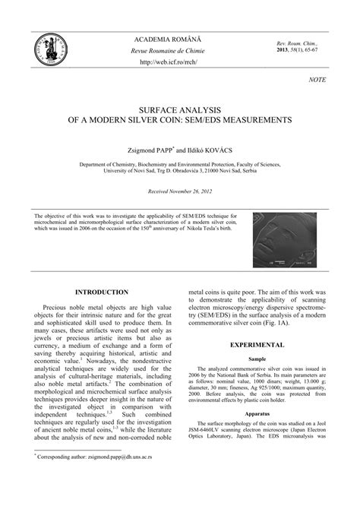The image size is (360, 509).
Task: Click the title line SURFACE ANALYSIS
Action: point(180,110)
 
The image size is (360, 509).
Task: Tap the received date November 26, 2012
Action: point(193,191)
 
